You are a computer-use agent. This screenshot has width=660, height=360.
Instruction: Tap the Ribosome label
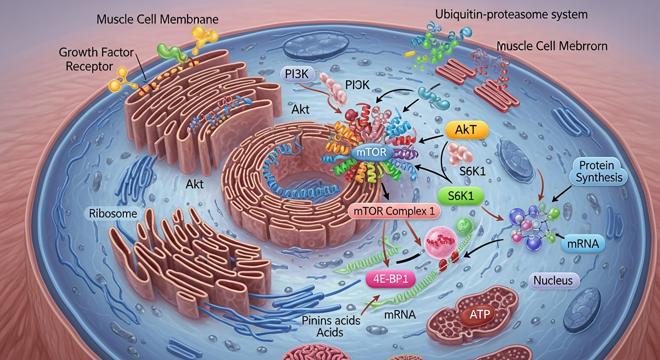point(112,214)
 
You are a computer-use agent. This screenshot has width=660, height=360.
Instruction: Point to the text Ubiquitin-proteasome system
point(511,14)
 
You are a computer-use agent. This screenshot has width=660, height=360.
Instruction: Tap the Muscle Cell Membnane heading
point(157,20)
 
